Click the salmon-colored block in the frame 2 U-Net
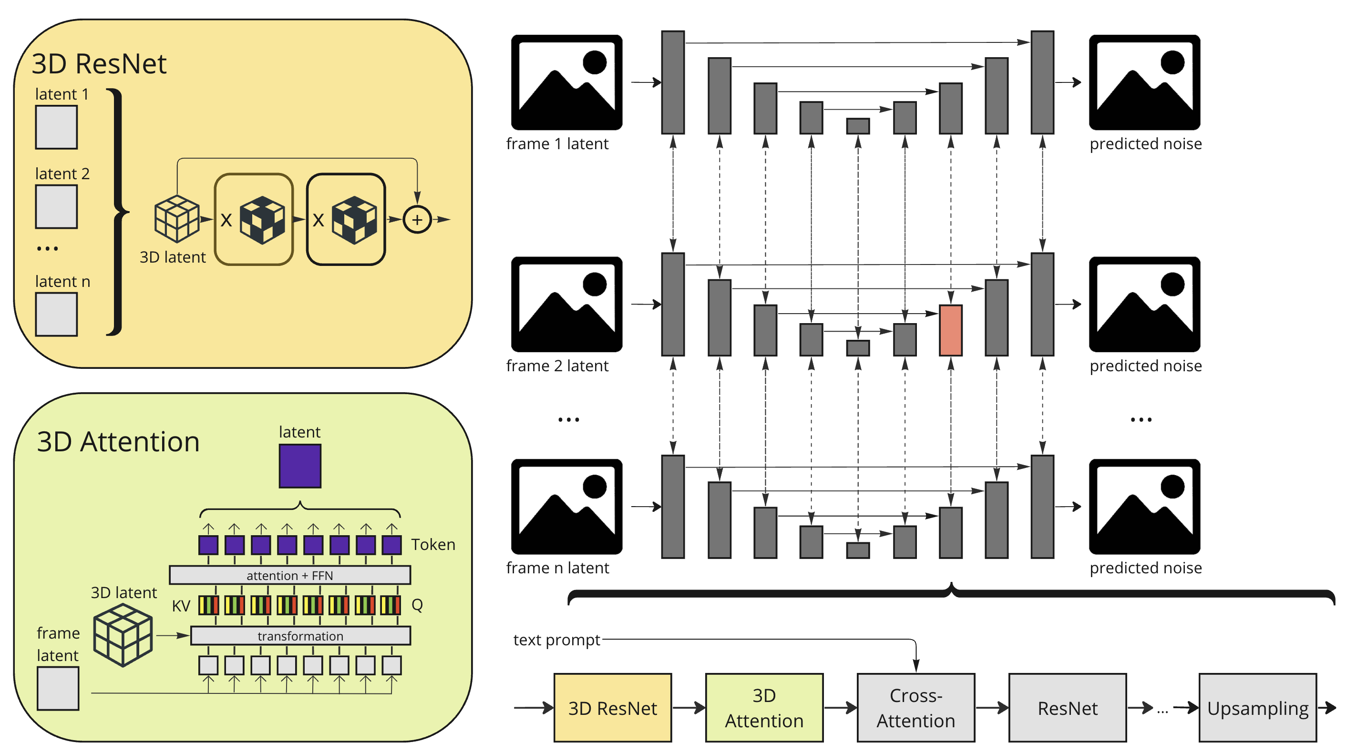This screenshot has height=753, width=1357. [950, 330]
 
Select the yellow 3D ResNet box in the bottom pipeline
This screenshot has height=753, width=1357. [612, 707]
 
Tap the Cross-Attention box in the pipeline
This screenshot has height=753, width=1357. [915, 707]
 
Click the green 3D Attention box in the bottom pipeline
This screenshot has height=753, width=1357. [764, 707]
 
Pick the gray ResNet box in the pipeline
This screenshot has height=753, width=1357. [1067, 707]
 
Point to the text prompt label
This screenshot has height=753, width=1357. [556, 639]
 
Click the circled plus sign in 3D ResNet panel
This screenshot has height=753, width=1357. [417, 220]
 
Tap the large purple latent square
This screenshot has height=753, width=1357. [300, 466]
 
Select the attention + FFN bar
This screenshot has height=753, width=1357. [290, 575]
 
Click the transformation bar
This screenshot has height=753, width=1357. [300, 636]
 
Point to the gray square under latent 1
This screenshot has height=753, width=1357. [56, 127]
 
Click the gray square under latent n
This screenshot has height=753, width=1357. [56, 314]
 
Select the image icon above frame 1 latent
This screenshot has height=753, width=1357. [566, 82]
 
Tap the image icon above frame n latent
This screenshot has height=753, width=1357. [566, 506]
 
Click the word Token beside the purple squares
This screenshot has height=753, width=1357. [433, 544]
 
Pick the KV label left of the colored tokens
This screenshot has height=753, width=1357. [181, 606]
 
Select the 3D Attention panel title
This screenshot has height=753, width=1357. [118, 441]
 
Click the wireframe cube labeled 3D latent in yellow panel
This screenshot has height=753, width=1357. [176, 219]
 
